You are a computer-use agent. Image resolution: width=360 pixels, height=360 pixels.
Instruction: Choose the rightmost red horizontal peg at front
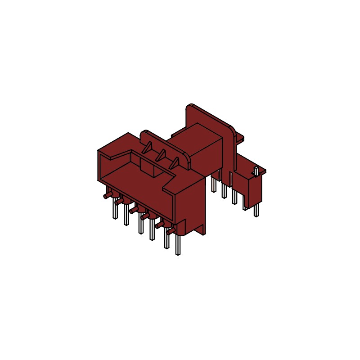170,232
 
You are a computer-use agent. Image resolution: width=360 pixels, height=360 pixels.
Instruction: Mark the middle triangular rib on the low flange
160,156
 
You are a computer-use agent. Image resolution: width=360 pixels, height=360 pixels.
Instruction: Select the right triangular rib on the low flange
172,162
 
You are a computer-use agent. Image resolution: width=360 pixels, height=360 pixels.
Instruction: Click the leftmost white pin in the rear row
213,184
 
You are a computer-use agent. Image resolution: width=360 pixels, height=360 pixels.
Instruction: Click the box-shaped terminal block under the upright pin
253,189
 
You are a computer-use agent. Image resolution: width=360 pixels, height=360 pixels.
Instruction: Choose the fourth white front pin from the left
153,232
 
